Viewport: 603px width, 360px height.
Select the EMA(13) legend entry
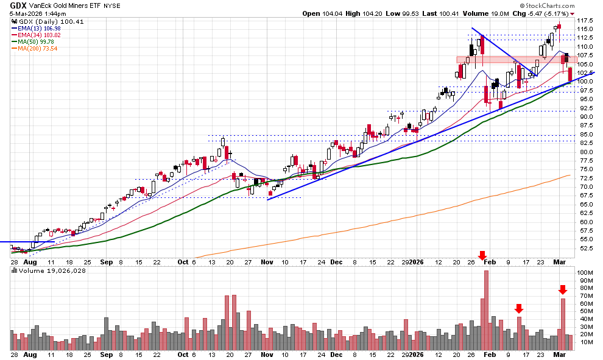[36, 28]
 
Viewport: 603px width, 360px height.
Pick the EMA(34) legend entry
[36, 35]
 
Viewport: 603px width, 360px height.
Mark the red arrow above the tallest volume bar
[482, 256]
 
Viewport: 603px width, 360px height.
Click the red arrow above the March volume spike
[563, 290]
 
